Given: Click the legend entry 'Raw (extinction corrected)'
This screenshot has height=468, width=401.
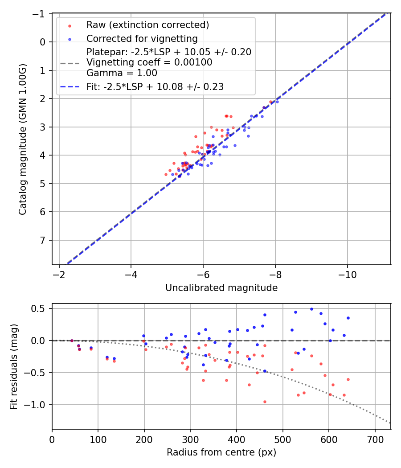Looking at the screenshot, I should (x=147, y=25).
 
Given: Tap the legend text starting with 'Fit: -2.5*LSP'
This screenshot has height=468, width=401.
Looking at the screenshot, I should (x=155, y=87).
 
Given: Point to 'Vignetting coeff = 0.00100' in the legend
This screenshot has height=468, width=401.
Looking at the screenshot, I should (x=149, y=62).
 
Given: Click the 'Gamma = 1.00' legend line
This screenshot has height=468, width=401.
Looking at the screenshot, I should (x=122, y=73).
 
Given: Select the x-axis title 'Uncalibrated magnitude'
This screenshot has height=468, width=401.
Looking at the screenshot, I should (x=221, y=288).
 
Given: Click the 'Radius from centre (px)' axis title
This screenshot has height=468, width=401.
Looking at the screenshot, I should (x=221, y=452).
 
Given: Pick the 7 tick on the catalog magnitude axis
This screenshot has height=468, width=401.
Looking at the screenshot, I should (x=43, y=240).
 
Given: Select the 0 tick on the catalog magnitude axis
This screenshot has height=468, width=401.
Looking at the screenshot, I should (x=43, y=42).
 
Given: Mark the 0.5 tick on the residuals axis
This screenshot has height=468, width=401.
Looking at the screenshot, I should (x=40, y=308).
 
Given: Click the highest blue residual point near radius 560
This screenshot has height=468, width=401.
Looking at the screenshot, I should (x=311, y=309).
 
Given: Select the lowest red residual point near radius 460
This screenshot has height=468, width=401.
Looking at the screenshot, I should (x=265, y=402).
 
